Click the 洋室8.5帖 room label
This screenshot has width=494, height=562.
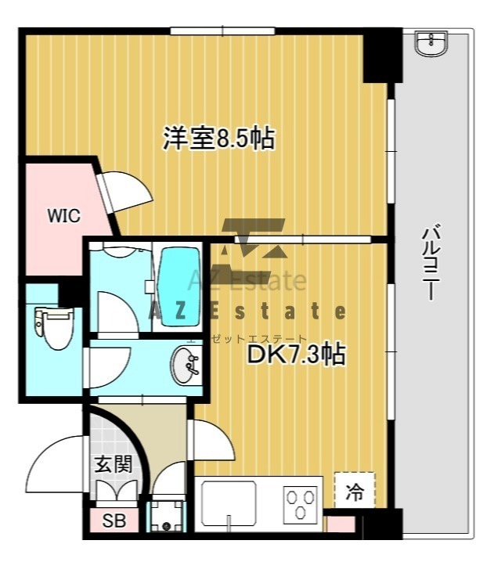pyautogui.click(x=219, y=138)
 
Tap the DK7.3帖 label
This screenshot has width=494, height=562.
pyautogui.click(x=297, y=355)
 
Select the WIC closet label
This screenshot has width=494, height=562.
pyautogui.click(x=64, y=216)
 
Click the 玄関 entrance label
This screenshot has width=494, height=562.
pyautogui.click(x=114, y=464)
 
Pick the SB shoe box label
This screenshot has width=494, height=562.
pyautogui.click(x=114, y=521)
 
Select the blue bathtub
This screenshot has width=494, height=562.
pyautogui.click(x=179, y=286)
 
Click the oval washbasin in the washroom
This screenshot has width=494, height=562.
pyautogui.click(x=185, y=366)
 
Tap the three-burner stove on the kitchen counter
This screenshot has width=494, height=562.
pyautogui.click(x=301, y=504)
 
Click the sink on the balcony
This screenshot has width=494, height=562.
pyautogui.click(x=431, y=43)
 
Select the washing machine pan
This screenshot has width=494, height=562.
pyautogui.click(x=166, y=516)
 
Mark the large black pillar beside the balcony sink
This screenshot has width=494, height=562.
pyautogui.click(x=383, y=56)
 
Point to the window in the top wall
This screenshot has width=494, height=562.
pyautogui.click(x=222, y=31)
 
